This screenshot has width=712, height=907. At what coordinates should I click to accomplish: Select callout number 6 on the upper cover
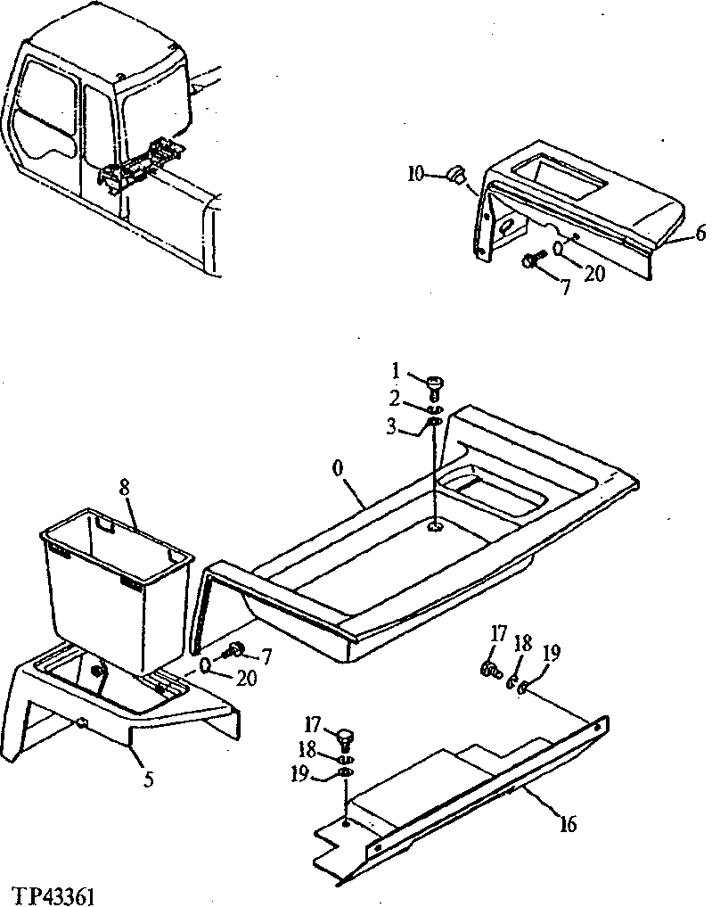coord(700,235)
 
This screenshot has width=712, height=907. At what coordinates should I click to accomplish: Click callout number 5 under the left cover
coord(148,779)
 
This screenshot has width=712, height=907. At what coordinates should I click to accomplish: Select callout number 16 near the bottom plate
coord(567,823)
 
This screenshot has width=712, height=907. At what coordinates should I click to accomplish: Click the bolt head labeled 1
coord(435,383)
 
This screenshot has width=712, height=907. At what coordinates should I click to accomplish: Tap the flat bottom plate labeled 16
coord(446,803)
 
